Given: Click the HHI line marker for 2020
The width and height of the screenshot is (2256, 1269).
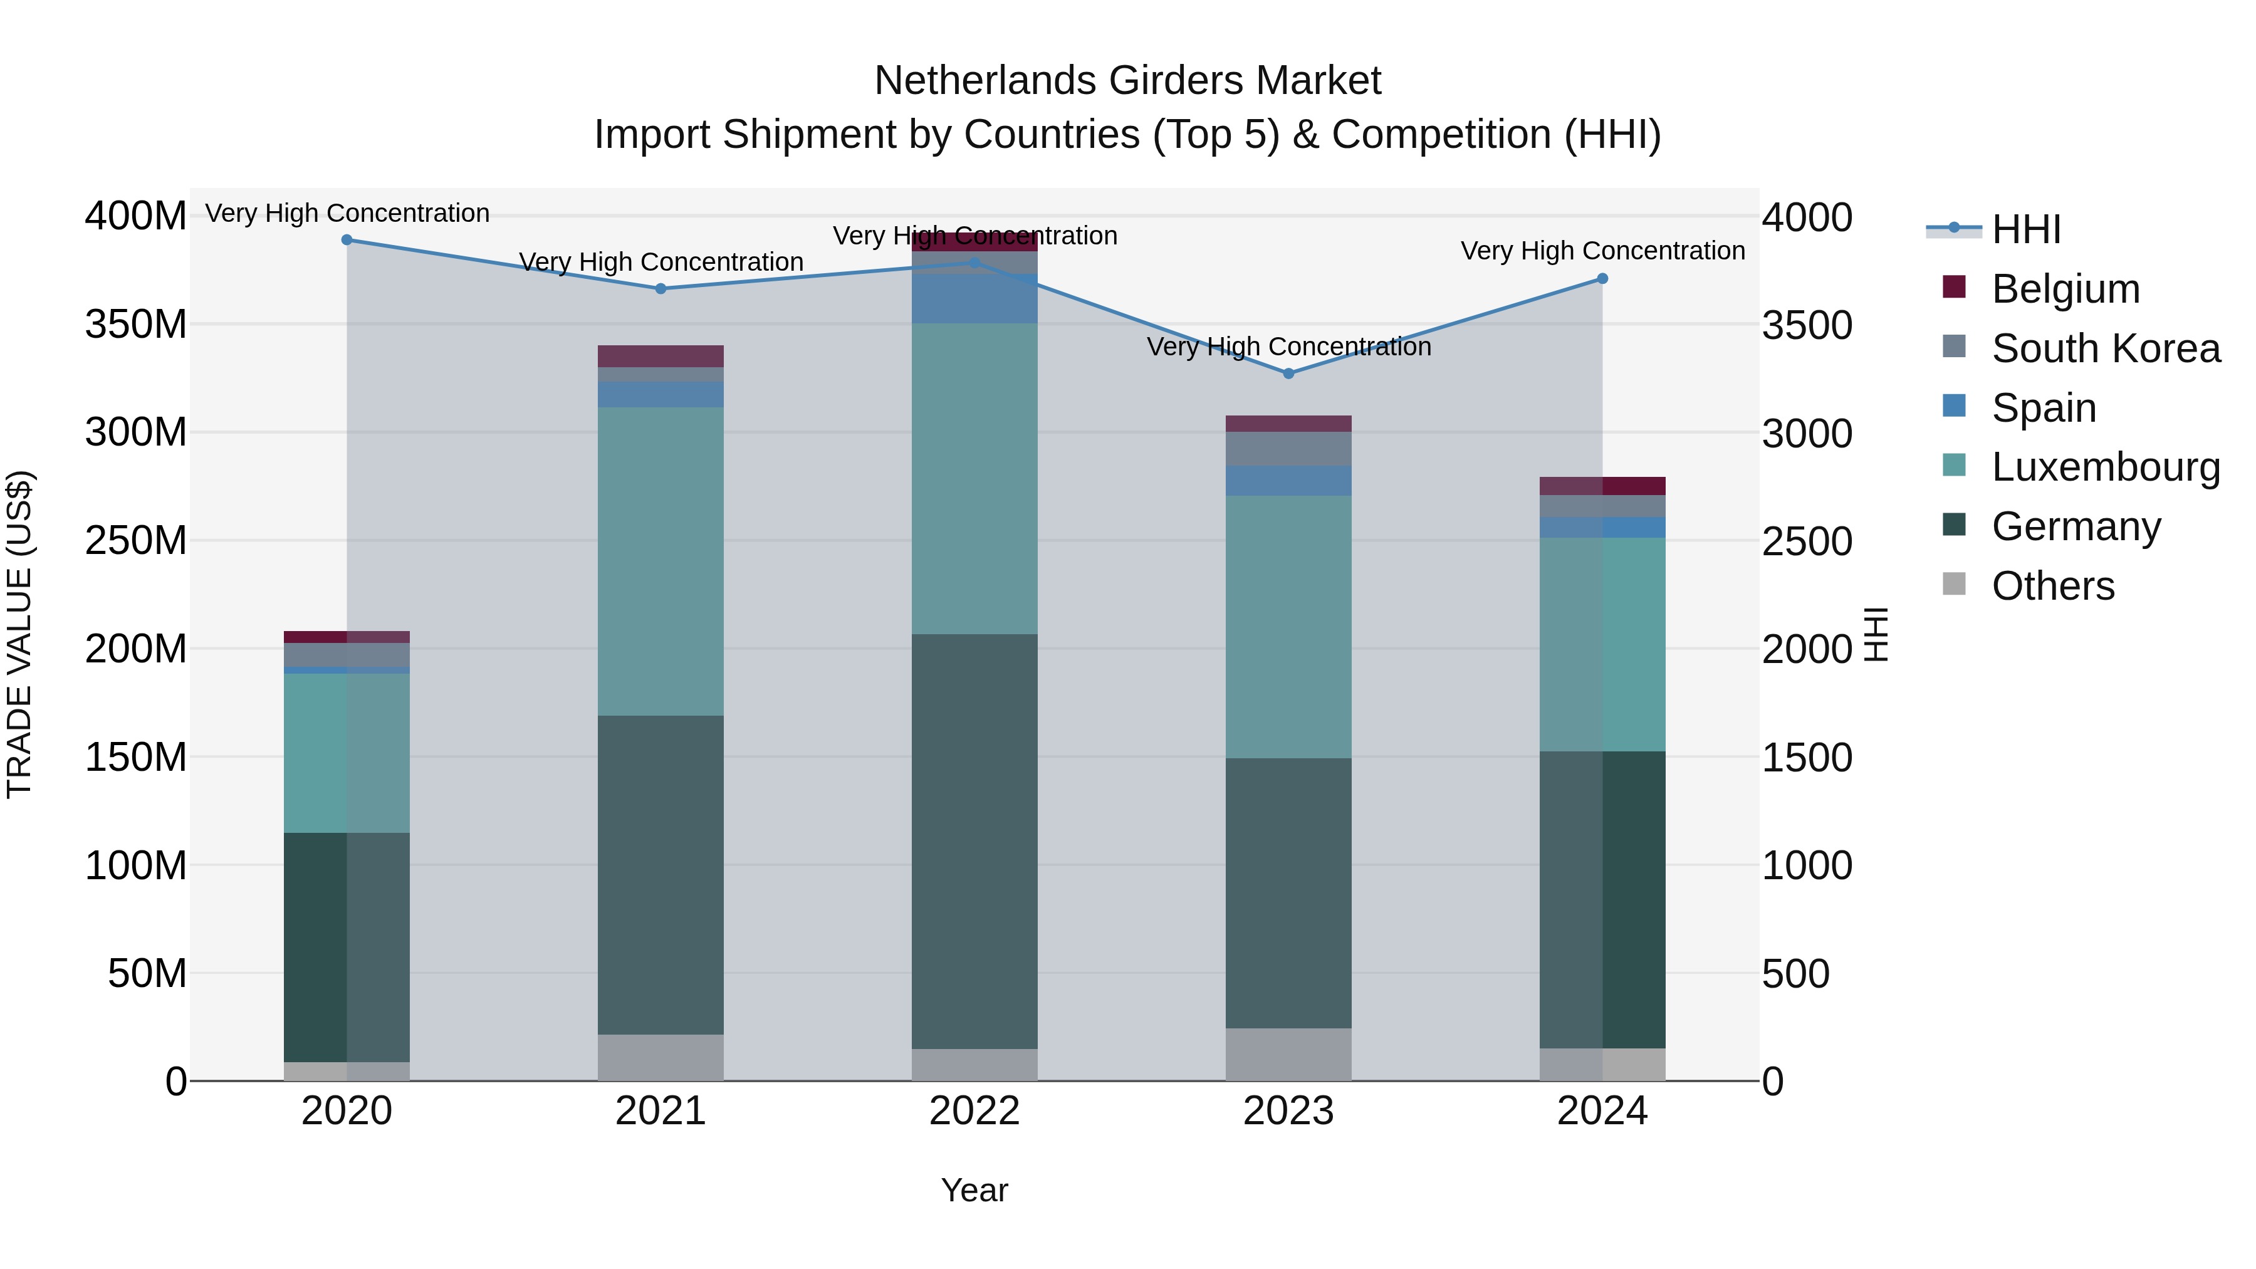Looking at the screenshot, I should point(347,240).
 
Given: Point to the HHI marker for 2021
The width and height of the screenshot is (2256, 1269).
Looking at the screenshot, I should point(661,289).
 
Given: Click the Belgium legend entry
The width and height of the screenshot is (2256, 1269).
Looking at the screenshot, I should point(2065,289).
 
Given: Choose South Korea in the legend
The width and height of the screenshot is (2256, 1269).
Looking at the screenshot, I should point(2106,348).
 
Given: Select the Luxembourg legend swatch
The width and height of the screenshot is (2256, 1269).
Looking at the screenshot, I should point(1954,466).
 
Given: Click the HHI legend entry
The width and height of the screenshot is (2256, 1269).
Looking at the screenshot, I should point(2025,229).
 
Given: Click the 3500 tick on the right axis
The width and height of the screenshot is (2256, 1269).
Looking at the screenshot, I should point(1806,326).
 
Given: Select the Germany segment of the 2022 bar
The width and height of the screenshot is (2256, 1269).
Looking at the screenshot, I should point(974,841).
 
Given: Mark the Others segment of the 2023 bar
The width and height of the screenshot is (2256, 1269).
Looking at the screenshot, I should point(1288,1055).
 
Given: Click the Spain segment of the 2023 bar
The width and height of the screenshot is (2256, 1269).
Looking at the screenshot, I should point(1288,481).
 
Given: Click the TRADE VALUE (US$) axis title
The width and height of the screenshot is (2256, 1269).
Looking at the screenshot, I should point(20,634).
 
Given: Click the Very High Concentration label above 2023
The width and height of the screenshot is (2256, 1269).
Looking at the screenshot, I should point(1288,347).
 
